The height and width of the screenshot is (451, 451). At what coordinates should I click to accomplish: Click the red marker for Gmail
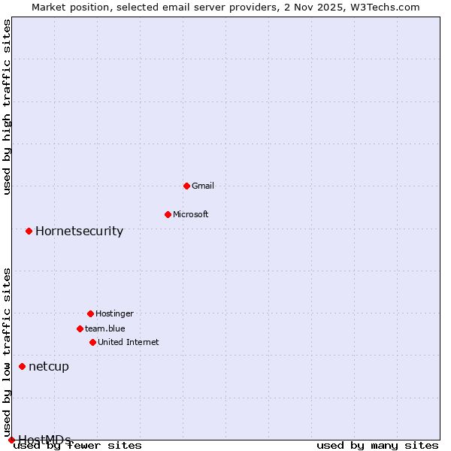(x=186, y=186)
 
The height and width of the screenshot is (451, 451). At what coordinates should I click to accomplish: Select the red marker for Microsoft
(x=168, y=214)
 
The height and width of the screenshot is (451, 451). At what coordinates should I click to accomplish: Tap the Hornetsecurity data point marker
(x=29, y=231)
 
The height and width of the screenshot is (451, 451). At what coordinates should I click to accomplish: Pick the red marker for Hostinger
(x=90, y=313)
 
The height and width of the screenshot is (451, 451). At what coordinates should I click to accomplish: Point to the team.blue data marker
(x=80, y=328)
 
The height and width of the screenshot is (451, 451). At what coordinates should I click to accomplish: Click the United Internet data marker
(x=92, y=342)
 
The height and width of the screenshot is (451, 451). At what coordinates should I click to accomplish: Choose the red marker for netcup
(x=22, y=366)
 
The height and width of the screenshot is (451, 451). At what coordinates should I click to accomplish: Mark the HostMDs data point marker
(x=11, y=440)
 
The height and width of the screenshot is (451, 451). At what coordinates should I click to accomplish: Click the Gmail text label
(x=203, y=186)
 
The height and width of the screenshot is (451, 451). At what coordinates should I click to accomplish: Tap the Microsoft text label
(x=191, y=214)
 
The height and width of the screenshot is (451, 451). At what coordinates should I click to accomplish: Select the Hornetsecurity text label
(x=79, y=231)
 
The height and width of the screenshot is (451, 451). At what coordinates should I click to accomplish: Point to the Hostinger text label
(x=114, y=313)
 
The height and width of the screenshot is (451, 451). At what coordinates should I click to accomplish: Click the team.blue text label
(x=105, y=328)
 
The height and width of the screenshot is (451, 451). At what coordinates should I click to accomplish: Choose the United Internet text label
(x=129, y=342)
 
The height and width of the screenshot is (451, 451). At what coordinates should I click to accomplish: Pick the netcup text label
(x=49, y=366)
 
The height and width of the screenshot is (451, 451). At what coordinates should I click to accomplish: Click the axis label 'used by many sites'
(x=377, y=445)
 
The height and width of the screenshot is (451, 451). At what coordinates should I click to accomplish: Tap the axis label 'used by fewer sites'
(x=78, y=445)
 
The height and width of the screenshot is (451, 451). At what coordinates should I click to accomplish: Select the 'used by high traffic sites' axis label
(x=7, y=107)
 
